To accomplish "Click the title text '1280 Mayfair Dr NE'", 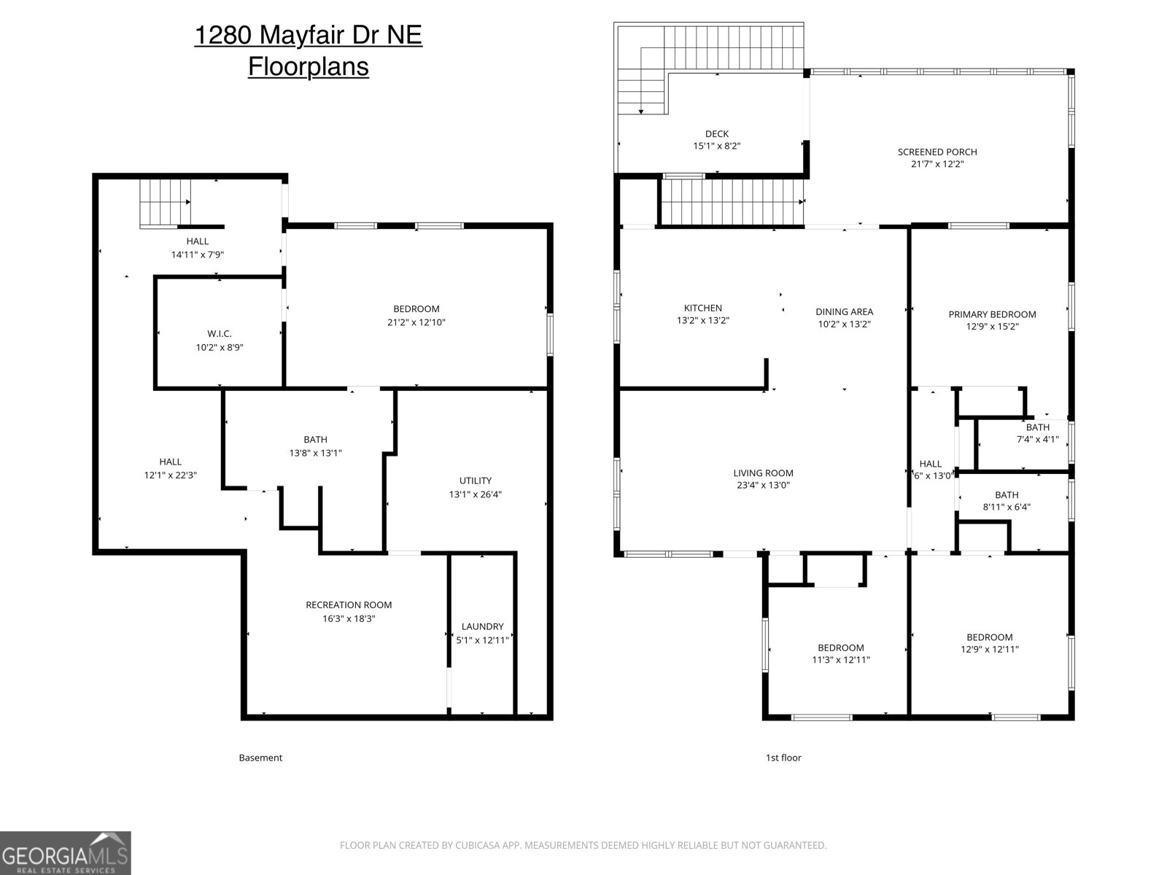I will (x=308, y=35).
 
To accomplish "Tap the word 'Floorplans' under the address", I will (x=308, y=66).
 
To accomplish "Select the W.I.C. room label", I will (x=219, y=334).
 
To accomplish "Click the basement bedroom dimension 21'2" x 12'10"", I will (x=416, y=322).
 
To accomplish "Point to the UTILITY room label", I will (x=475, y=481).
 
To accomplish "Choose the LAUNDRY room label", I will (x=482, y=626).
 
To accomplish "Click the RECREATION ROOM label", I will (x=348, y=604).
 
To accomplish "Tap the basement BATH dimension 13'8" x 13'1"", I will (x=315, y=453).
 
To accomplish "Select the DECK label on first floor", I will (x=716, y=133).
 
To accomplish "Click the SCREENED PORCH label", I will (x=937, y=152).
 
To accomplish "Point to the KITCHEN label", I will (x=702, y=308).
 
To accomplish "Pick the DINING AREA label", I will (x=844, y=311).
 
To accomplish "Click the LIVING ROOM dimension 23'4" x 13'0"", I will (x=763, y=486).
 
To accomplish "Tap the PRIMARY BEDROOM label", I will (x=991, y=314).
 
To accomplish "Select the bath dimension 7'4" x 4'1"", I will (x=1037, y=440).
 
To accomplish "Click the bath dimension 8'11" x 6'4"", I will (x=1007, y=507).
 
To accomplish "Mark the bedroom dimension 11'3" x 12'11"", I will (x=840, y=660).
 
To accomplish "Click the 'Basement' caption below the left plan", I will (x=260, y=758).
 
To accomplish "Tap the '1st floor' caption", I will (x=783, y=758).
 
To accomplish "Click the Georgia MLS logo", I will (x=65, y=852).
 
